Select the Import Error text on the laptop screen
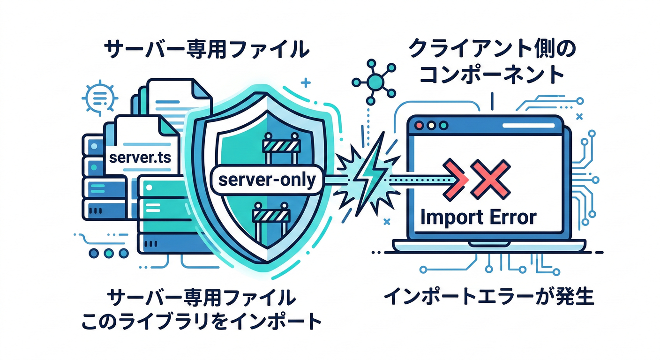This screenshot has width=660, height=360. pos(478,217)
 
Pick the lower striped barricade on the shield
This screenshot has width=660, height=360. pos(271,215)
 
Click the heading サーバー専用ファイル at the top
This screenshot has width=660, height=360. pos(206,49)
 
